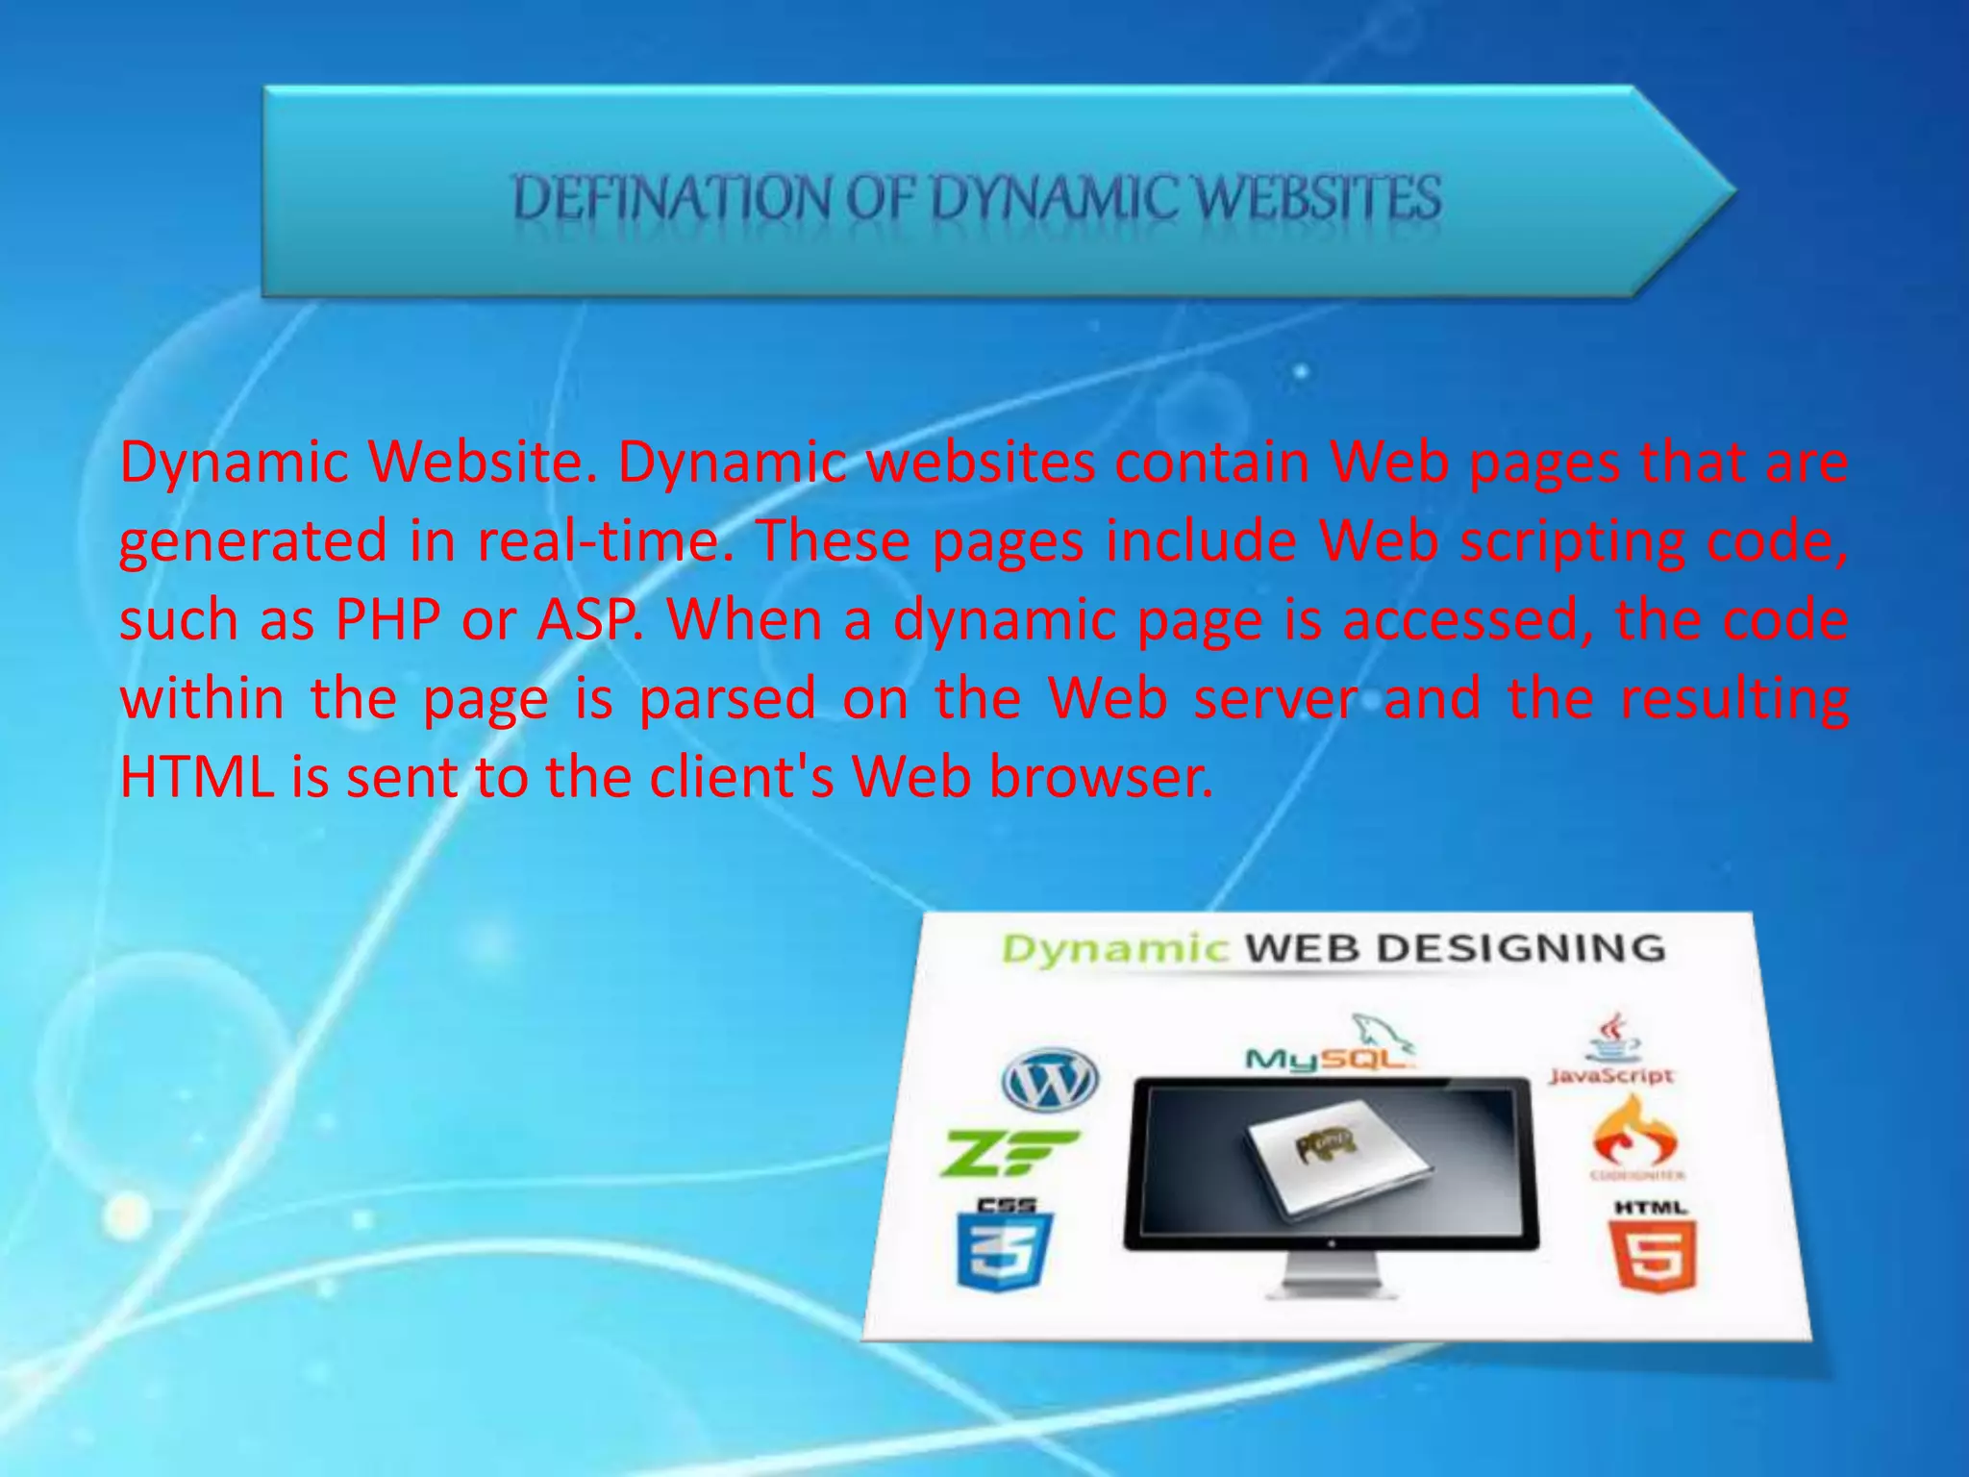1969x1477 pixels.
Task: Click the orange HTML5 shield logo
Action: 1652,1254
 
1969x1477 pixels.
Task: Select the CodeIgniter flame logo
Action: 1635,1136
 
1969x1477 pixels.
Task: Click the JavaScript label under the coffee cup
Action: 1611,1076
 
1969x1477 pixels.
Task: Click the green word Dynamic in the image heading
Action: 1114,949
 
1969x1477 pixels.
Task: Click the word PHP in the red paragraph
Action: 387,620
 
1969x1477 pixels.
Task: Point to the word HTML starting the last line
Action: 197,777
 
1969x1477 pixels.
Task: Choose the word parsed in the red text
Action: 727,699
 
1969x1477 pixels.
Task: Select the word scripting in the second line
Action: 1572,541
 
